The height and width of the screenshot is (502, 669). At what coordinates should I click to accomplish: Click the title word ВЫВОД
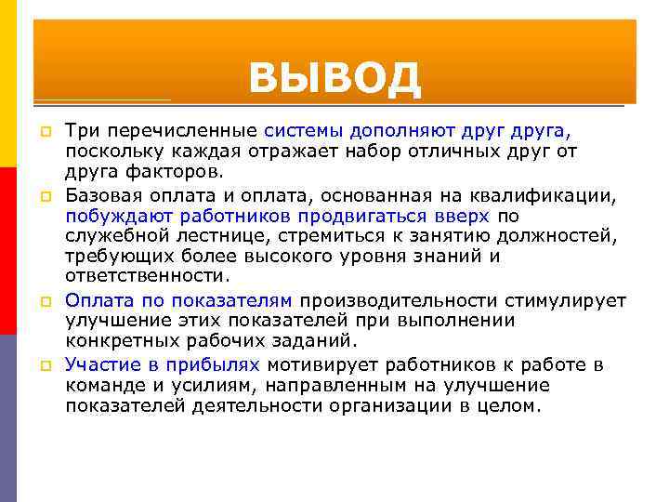(x=334, y=78)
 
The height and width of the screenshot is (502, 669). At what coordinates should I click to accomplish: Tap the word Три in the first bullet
(x=81, y=130)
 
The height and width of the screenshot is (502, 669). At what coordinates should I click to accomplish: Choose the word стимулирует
(x=566, y=300)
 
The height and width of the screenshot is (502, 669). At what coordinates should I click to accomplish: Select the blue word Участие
(x=102, y=364)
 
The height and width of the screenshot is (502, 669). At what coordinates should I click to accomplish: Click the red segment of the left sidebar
(x=8, y=251)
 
